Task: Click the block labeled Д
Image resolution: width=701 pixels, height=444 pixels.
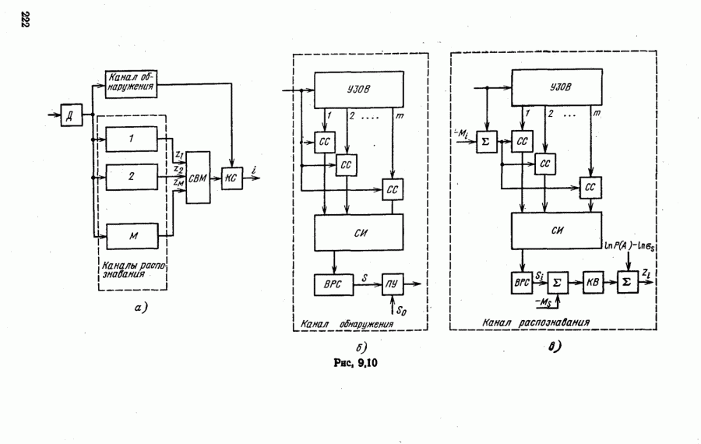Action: point(71,118)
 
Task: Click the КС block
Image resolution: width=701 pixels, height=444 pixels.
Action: point(231,178)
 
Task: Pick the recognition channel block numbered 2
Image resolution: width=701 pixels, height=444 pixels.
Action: point(132,176)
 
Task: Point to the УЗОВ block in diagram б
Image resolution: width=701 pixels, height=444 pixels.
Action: point(358,88)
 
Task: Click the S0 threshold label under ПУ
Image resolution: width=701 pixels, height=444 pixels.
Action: point(402,310)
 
